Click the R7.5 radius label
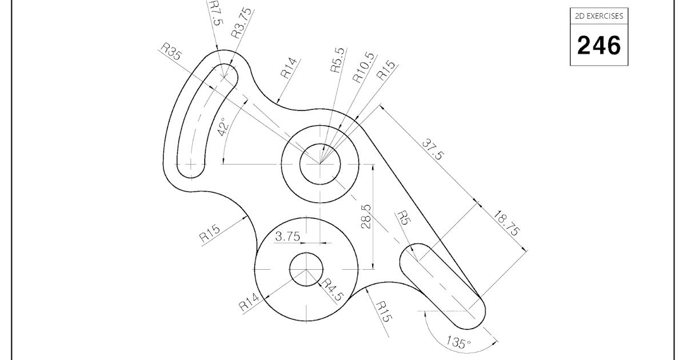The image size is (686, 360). pyautogui.click(x=216, y=13)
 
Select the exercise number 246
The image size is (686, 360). pyautogui.click(x=599, y=46)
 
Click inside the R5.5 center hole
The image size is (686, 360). pyautogui.click(x=320, y=164)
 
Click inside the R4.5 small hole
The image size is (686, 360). pyautogui.click(x=306, y=269)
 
